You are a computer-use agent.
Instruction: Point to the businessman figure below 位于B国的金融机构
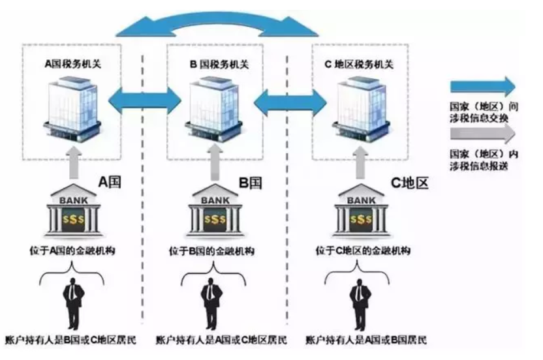pyautogui.click(x=211, y=304)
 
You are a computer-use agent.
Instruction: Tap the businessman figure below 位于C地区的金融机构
pyautogui.click(x=358, y=304)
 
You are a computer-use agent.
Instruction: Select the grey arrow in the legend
pyautogui.click(x=482, y=134)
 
